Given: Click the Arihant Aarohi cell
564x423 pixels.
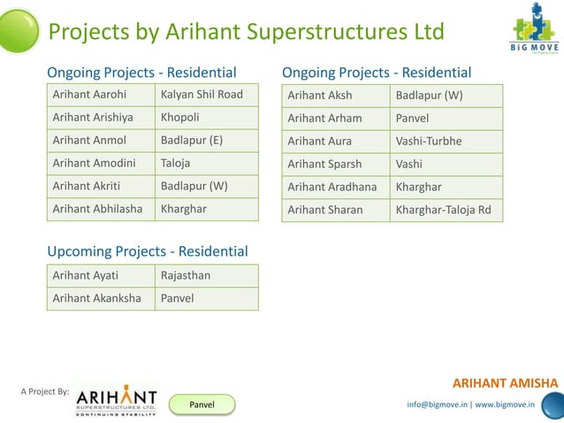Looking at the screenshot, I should click(100, 95).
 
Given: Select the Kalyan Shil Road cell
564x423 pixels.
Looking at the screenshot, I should click(206, 95).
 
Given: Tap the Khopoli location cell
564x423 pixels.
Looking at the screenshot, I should click(206, 118).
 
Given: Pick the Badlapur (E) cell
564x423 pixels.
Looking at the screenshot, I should click(206, 141).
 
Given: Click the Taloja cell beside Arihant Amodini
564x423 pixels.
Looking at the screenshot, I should click(206, 164).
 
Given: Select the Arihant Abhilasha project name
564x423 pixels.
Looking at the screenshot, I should click(100, 210).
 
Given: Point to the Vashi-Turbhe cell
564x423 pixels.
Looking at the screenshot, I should click(446, 142).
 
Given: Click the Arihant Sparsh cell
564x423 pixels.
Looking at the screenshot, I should click(335, 165).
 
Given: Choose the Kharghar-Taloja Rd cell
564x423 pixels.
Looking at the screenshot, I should click(446, 211).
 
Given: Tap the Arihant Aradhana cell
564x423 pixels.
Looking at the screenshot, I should click(335, 188).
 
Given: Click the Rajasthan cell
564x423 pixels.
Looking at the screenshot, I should click(206, 276).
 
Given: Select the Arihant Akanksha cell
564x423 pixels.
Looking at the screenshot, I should click(100, 299).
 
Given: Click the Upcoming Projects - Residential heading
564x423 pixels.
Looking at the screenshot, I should click(147, 252).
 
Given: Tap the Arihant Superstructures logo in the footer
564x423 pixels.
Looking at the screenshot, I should click(116, 400).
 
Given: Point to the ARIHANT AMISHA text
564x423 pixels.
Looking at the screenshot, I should click(505, 383).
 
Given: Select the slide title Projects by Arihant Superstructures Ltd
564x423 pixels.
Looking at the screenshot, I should click(246, 33).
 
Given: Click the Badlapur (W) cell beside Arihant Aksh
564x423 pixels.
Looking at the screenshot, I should click(446, 96).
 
